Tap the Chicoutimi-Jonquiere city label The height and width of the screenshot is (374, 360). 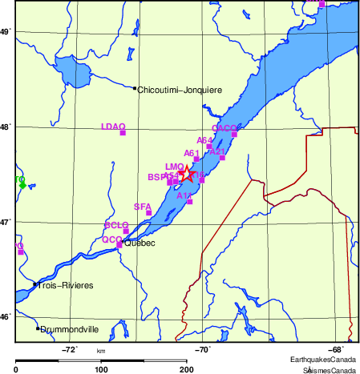[x=180, y=90]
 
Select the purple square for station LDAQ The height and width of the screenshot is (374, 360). [x=123, y=133]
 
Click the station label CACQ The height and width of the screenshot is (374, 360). [x=224, y=128]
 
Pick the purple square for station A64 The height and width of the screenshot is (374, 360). [x=209, y=147]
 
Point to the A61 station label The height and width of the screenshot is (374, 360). [x=192, y=153]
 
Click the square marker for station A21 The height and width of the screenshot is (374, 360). [x=222, y=158]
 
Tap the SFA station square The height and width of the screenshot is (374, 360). [x=149, y=213]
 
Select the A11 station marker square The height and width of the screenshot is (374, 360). [x=189, y=202]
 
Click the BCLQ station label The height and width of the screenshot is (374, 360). [x=116, y=225]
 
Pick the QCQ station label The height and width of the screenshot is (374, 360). [x=111, y=239]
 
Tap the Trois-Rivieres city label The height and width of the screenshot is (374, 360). [x=66, y=285]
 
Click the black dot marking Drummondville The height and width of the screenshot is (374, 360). [x=38, y=328]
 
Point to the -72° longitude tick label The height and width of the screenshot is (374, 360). [x=70, y=349]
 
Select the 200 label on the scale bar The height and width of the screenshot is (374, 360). [x=186, y=369]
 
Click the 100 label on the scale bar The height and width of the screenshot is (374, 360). [x=101, y=369]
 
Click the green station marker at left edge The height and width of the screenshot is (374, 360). [x=22, y=183]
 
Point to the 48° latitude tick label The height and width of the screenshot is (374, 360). [x=4, y=127]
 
